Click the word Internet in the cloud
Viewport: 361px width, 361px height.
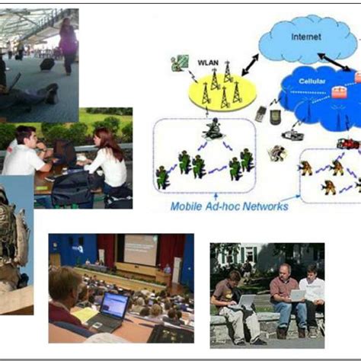click(x=305, y=37)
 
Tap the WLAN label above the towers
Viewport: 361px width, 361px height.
click(x=209, y=61)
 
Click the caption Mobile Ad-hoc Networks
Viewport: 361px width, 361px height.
click(x=229, y=206)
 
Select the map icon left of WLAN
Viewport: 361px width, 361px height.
click(x=180, y=62)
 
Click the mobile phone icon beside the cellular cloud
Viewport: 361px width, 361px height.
click(x=261, y=114)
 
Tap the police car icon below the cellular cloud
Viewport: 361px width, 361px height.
click(x=293, y=136)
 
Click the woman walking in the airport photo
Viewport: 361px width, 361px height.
click(x=68, y=42)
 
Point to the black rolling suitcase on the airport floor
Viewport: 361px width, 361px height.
click(x=47, y=64)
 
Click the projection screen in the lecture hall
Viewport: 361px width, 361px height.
click(x=140, y=250)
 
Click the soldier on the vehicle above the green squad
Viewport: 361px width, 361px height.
click(x=214, y=128)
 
